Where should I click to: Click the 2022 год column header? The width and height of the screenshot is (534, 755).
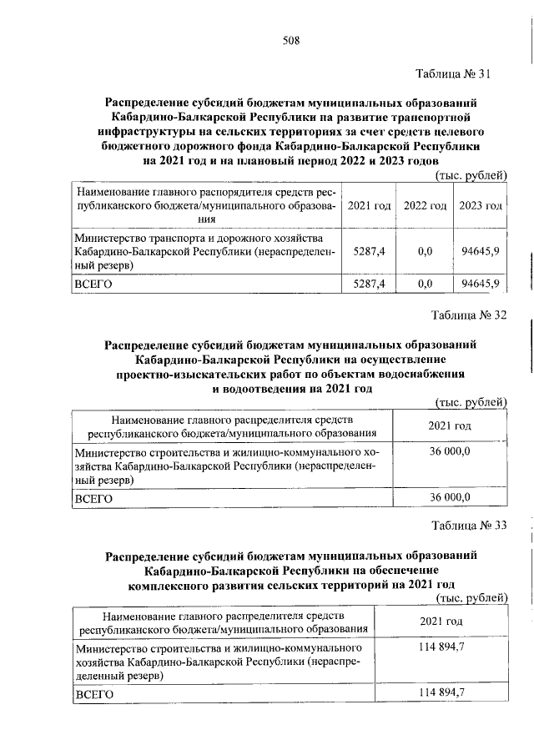coord(424,205)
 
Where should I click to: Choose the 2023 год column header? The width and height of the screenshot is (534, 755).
coord(480,205)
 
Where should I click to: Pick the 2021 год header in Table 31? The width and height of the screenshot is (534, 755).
coord(368,205)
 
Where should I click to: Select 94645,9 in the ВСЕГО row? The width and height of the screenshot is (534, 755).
coord(480,284)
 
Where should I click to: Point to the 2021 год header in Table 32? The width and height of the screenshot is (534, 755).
coord(450,425)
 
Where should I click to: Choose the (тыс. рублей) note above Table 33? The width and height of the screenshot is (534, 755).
coord(471,597)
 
